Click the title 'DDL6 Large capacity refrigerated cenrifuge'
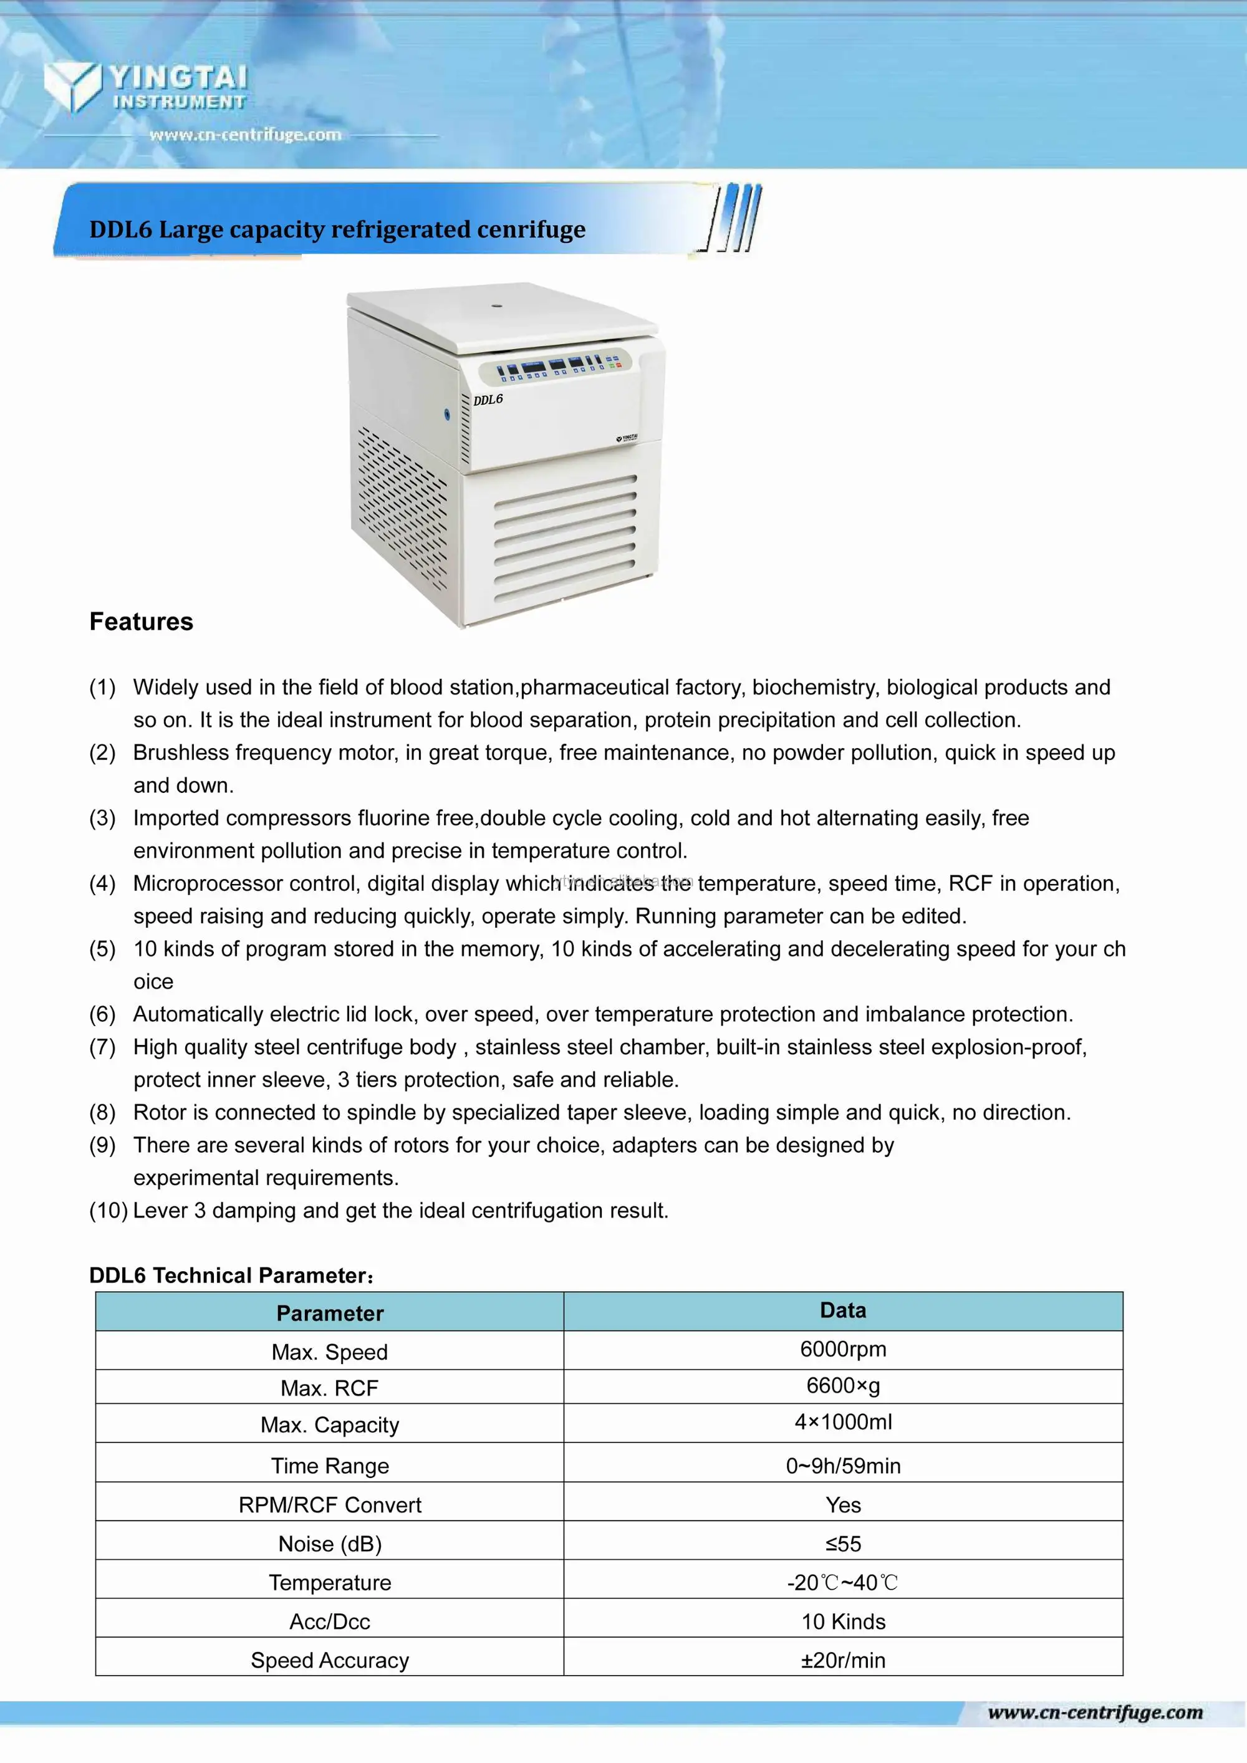[x=337, y=229]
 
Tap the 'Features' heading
[x=142, y=621]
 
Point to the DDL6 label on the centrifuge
[x=488, y=400]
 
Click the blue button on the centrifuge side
[x=447, y=415]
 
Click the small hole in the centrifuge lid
[x=497, y=305]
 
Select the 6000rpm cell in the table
[x=842, y=1349]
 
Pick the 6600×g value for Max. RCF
[x=842, y=1385]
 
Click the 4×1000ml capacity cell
[x=842, y=1422]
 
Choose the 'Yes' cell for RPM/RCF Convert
[x=842, y=1505]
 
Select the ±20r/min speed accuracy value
[x=842, y=1660]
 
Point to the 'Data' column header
[x=842, y=1310]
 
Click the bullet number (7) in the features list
[x=102, y=1047]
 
